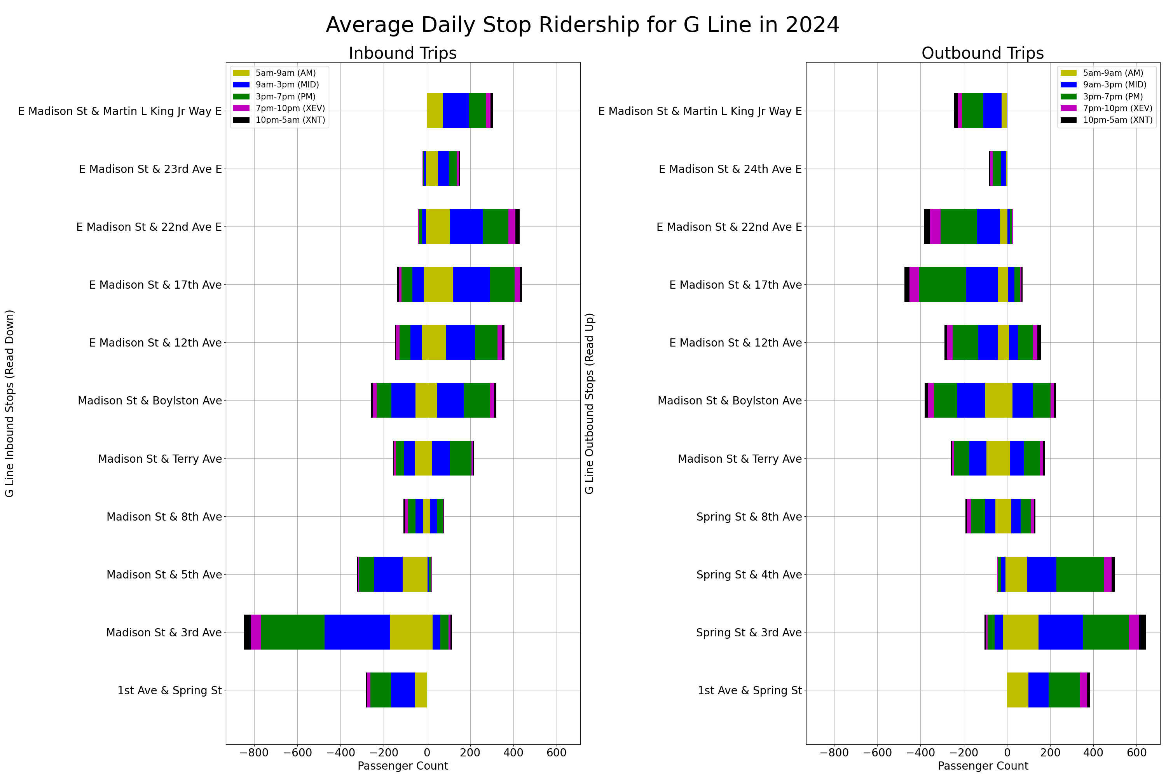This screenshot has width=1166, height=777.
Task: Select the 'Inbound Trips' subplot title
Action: pos(403,53)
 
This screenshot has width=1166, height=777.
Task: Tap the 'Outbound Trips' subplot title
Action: pos(983,53)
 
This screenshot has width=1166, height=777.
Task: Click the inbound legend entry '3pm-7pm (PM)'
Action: pos(285,97)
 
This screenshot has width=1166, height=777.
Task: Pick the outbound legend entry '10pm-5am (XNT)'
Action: pos(1117,120)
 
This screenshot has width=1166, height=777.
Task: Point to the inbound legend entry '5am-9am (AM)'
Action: pos(285,73)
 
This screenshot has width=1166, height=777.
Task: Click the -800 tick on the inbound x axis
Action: pos(254,753)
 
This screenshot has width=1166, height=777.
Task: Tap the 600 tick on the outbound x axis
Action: pos(1136,753)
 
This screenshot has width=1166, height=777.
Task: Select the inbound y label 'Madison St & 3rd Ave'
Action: pos(164,632)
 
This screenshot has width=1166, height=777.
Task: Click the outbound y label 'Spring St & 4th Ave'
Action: pos(749,574)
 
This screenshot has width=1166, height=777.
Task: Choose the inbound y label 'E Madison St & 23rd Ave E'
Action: pos(150,169)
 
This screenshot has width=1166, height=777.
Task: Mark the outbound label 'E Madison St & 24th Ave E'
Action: pos(730,169)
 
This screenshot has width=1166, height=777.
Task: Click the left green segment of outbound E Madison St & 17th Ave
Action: pos(942,284)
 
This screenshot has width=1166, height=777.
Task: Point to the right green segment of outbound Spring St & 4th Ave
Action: pos(1080,574)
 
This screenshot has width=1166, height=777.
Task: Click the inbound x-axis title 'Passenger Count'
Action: pos(403,766)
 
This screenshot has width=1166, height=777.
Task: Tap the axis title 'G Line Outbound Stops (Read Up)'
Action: pos(589,403)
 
